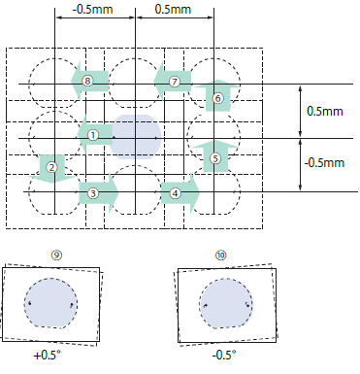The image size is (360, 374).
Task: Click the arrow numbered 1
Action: pos(95,135)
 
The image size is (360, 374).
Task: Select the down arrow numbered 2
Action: pos(52,169)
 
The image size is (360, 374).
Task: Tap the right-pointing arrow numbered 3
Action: pos(99,193)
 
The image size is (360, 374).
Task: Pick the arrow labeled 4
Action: pos(180,193)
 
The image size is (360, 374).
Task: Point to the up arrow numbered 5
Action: pos(215,155)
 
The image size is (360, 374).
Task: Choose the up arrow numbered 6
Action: pos(218,96)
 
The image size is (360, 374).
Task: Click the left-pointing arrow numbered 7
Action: pos(172,82)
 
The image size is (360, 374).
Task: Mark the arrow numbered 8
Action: pos(89,81)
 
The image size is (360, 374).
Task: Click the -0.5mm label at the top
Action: pos(93,9)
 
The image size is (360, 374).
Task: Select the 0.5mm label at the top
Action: pos(173,9)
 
